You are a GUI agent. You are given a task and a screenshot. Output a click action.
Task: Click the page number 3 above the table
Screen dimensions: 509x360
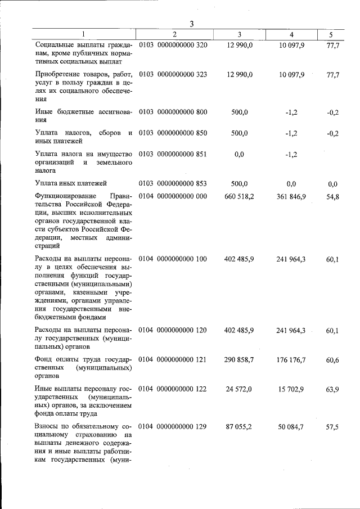pos(191,24)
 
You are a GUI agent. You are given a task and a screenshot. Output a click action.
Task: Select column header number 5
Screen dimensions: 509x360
pos(330,35)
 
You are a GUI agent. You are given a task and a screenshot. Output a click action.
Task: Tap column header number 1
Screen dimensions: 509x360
pos(84,35)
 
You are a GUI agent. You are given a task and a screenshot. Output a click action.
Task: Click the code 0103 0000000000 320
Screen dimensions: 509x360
pos(173,44)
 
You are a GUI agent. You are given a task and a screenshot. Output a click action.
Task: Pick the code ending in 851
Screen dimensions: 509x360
pos(173,154)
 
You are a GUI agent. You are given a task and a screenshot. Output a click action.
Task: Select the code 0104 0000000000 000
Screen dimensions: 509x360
pos(173,196)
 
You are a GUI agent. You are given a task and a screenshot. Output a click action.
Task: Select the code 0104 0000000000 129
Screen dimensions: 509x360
pos(173,427)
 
